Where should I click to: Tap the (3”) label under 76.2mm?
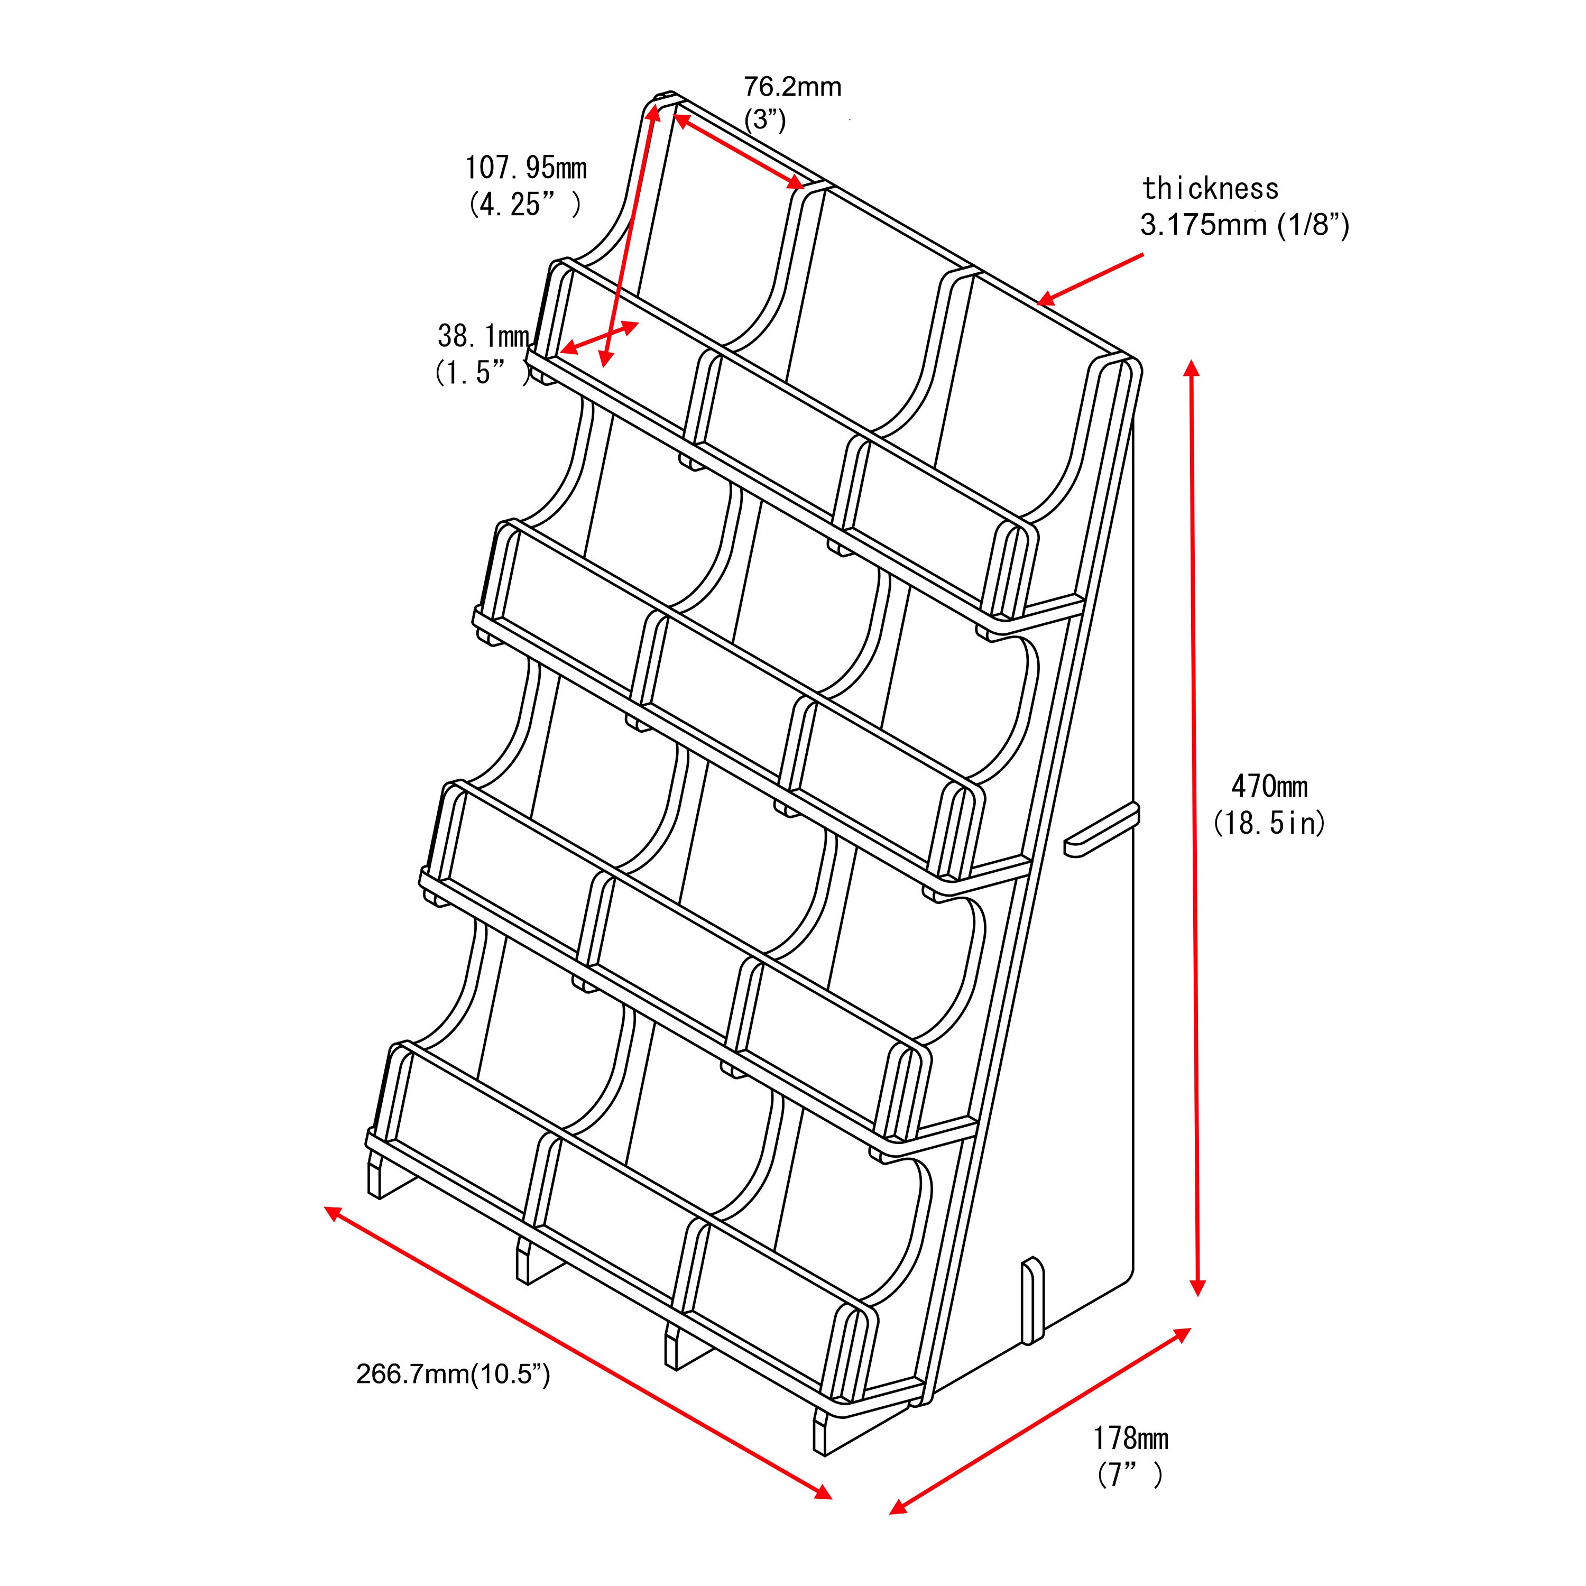point(765,120)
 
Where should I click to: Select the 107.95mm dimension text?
point(526,168)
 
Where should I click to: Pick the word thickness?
point(1210,189)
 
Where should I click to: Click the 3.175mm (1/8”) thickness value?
point(1244,224)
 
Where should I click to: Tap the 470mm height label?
point(1269,787)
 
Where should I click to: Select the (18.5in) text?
point(1269,823)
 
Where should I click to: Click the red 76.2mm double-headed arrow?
point(738,150)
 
